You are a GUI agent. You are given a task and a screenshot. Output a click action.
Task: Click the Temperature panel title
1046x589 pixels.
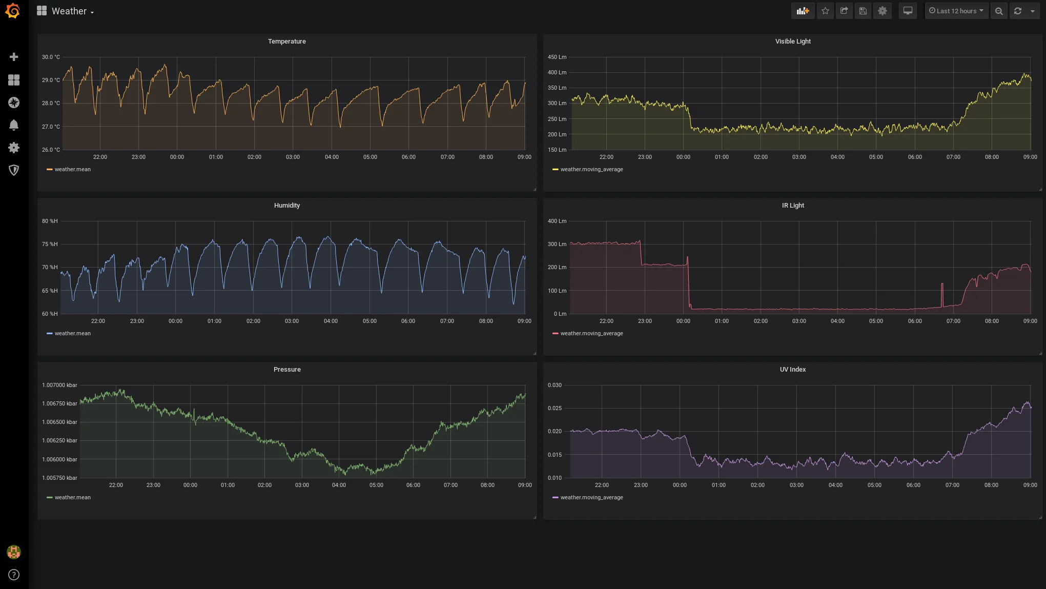286,42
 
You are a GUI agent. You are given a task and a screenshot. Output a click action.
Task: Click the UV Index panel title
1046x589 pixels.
792,370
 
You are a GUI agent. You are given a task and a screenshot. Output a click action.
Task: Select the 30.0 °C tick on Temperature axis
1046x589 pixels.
51,57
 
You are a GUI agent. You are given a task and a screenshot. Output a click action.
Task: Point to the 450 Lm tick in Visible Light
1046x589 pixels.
557,57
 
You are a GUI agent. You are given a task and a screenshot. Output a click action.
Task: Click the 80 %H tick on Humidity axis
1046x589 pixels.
50,221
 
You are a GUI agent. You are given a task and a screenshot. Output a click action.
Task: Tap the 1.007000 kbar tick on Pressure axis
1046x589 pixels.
59,385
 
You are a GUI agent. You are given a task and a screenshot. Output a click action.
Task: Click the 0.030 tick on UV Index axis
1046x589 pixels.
555,385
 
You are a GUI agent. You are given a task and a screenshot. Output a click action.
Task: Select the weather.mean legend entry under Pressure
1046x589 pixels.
72,497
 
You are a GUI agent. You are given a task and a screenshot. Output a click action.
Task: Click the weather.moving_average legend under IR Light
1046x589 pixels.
591,333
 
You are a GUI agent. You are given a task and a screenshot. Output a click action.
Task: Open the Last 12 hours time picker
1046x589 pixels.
956,11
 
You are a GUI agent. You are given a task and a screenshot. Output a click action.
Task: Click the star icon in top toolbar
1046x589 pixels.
825,11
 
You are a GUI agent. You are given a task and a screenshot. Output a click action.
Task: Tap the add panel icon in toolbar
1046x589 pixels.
803,11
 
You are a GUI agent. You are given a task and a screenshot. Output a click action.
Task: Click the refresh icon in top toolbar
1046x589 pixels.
1018,11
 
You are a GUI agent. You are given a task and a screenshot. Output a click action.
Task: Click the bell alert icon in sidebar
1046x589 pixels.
14,125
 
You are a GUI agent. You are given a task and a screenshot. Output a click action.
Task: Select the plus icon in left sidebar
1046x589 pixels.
14,57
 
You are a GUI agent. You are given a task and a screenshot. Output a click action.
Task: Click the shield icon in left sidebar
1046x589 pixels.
14,170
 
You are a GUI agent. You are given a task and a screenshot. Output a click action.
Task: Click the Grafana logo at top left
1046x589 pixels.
13,11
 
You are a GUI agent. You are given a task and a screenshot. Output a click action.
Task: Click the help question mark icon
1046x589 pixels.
14,575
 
